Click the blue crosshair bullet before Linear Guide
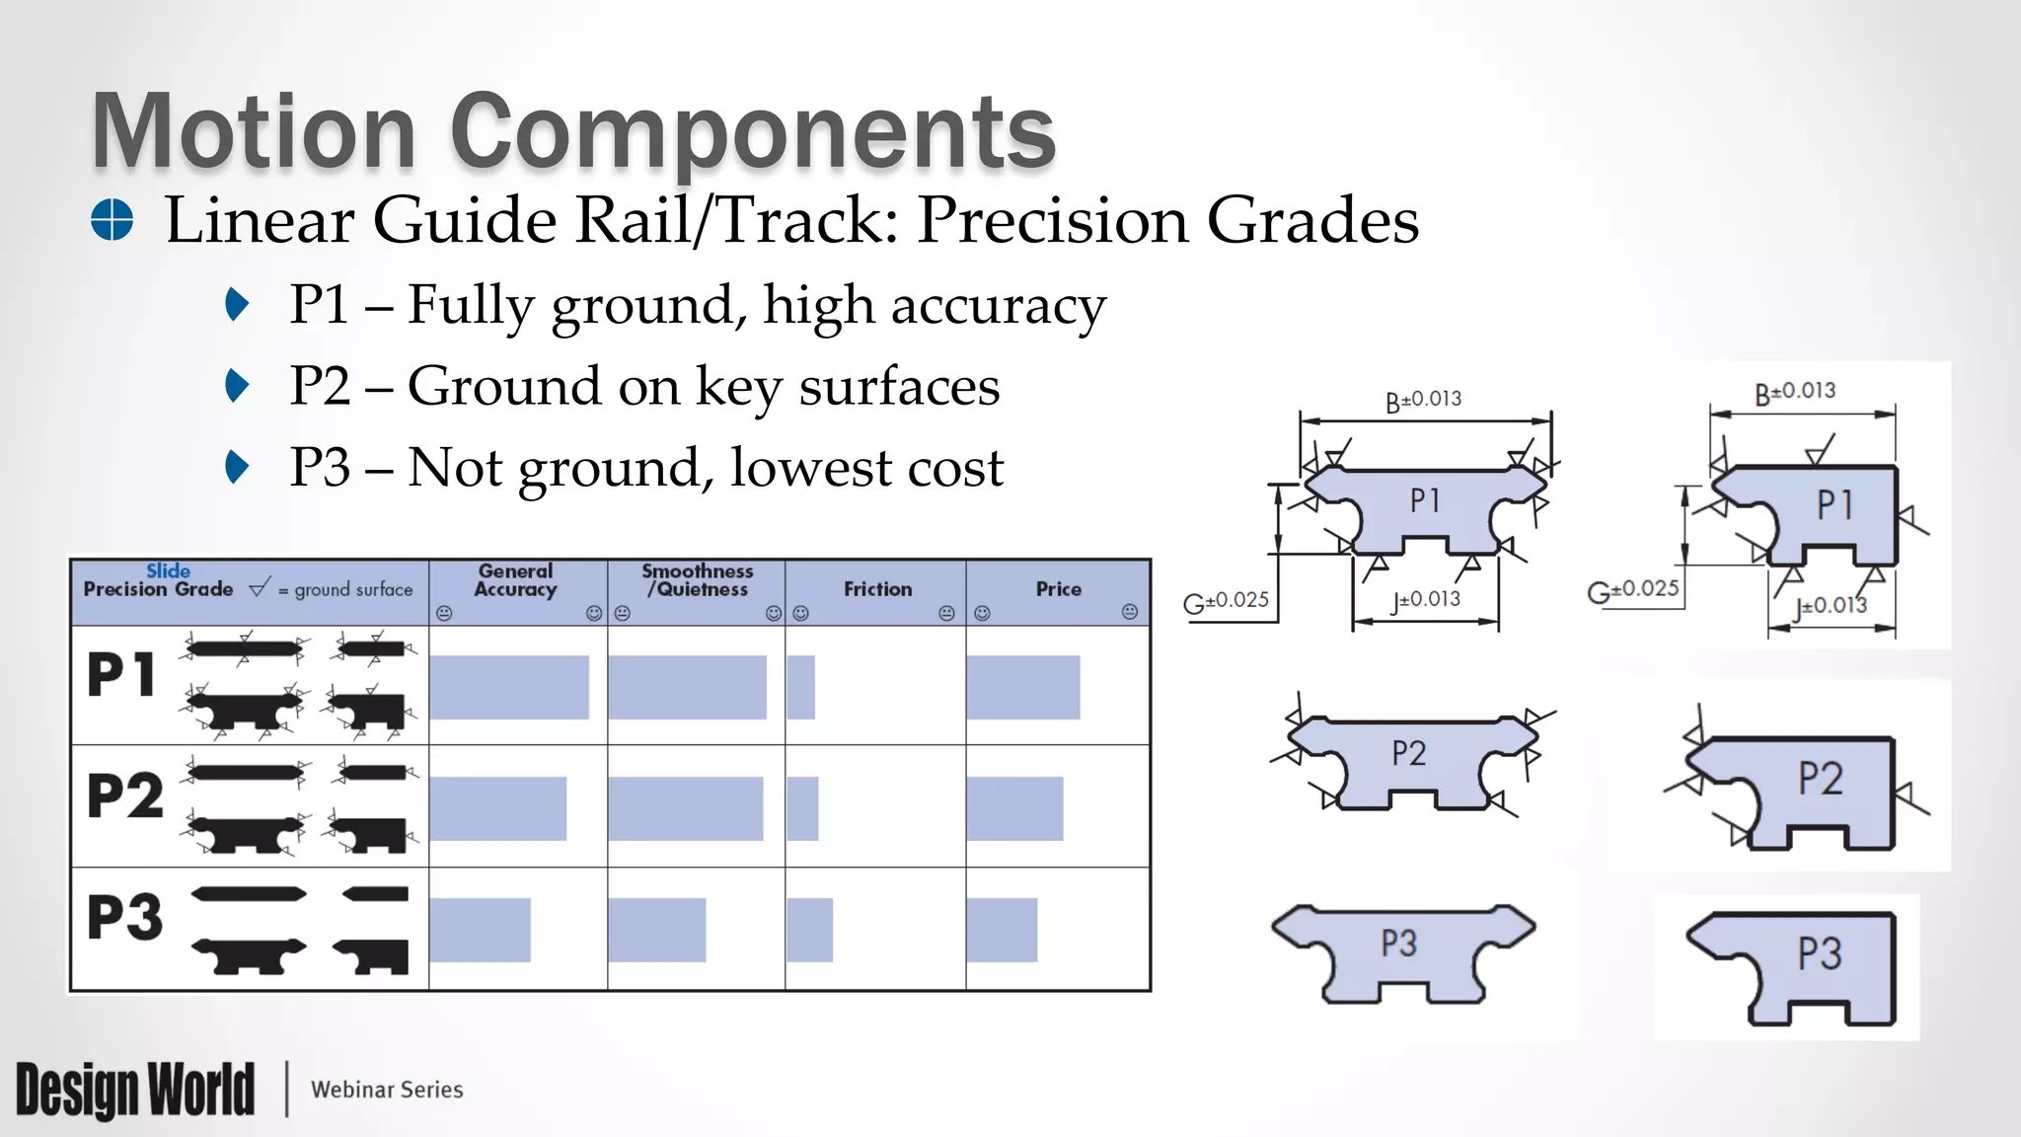112,219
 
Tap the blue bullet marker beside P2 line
237,386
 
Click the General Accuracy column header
515,580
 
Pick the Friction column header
877,589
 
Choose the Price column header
1058,589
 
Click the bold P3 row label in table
124,917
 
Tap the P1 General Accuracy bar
509,687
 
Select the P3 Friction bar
810,930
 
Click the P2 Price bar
1014,808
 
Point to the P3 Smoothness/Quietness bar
656,930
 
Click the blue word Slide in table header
168,570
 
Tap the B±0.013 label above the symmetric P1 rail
1423,400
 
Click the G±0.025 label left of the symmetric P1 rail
1226,600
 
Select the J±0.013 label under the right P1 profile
1831,605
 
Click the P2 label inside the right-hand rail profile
1820,779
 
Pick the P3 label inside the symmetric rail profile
1398,944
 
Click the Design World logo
135,1090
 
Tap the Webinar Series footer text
387,1090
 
